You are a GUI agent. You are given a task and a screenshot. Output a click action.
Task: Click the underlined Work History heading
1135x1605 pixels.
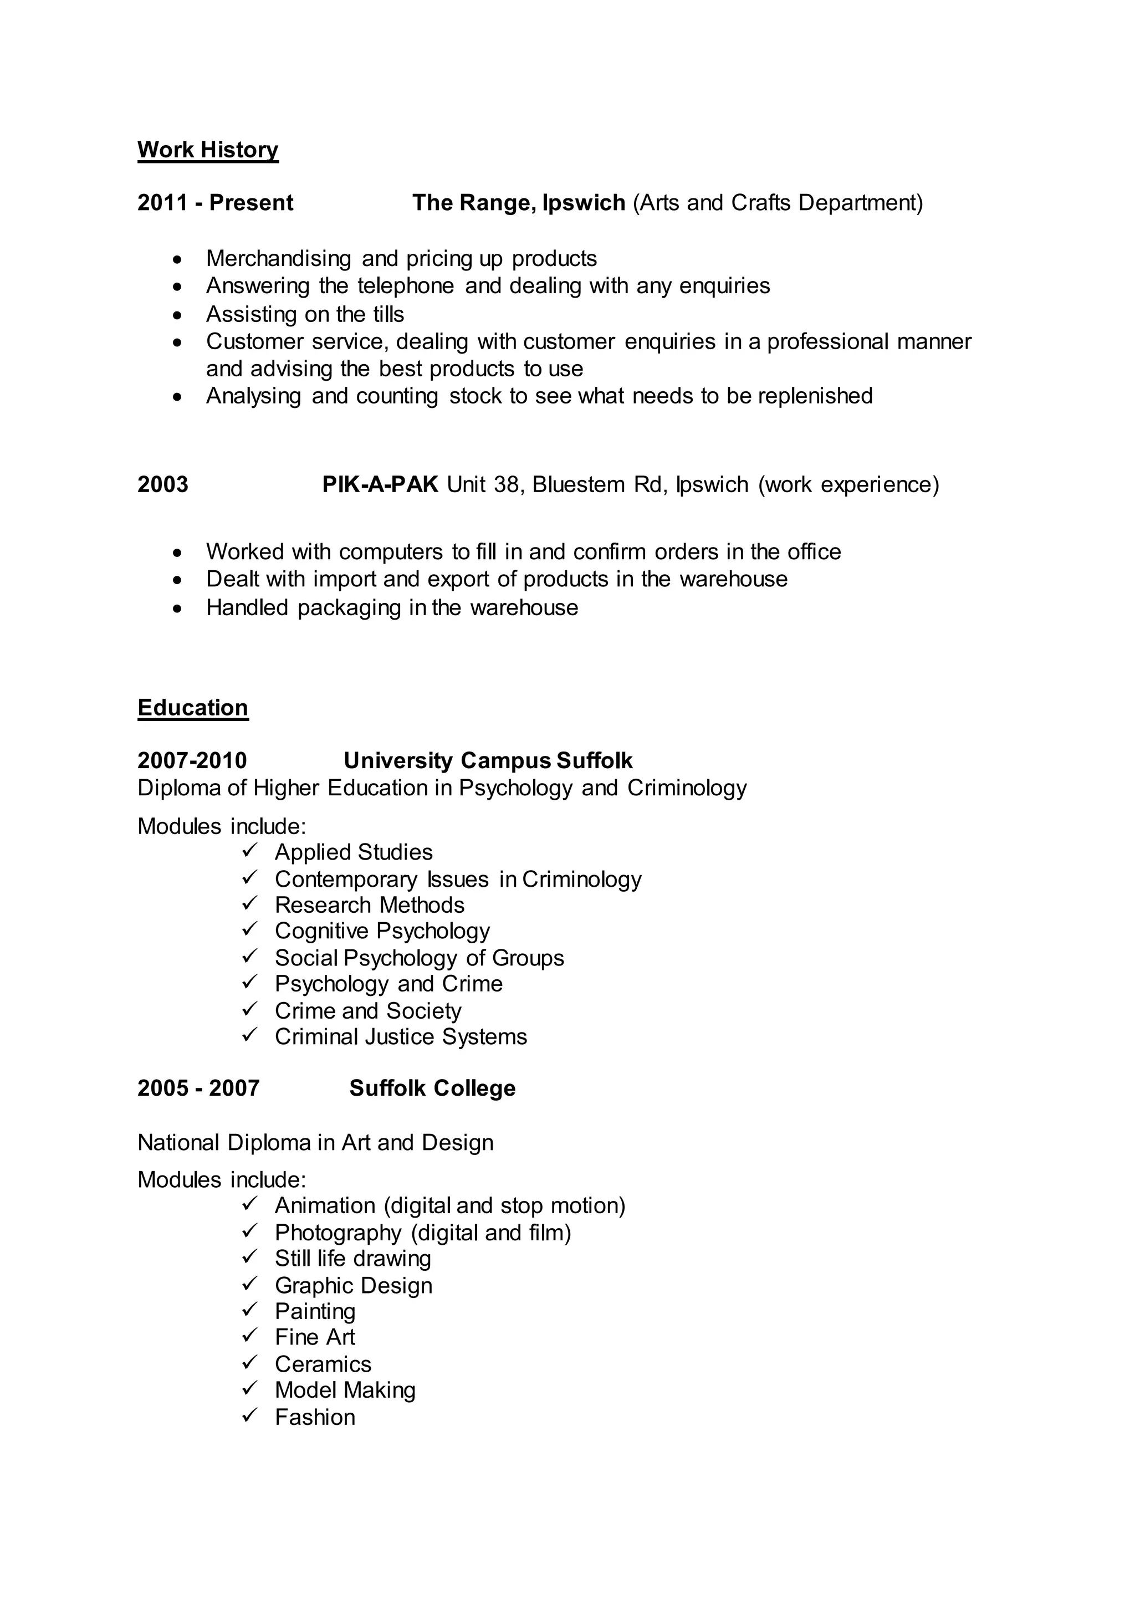point(208,150)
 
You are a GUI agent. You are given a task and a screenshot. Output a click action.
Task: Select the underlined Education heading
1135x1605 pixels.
point(193,707)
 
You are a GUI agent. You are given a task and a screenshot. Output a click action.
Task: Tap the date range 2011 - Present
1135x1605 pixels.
point(215,203)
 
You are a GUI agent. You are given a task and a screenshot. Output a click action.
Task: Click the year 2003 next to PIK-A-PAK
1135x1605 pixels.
point(163,484)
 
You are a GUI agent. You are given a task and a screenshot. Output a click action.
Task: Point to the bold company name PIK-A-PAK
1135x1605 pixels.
point(380,484)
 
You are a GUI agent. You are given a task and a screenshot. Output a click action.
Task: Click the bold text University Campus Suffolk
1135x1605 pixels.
point(488,760)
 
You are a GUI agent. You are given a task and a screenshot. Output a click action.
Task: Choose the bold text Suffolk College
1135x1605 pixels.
point(433,1088)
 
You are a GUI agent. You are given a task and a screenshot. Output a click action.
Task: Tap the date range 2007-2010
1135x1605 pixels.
point(192,760)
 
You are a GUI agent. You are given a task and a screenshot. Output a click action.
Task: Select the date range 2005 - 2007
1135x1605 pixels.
point(198,1088)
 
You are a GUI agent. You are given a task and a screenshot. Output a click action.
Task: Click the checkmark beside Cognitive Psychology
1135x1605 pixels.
point(250,930)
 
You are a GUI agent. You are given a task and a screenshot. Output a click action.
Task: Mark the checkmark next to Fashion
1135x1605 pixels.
point(250,1416)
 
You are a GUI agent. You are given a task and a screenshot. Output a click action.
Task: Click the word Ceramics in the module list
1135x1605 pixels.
point(323,1364)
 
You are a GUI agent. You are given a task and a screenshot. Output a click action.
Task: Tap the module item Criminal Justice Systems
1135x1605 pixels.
point(401,1037)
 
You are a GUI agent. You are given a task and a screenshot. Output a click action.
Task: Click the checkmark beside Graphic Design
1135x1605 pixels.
point(250,1284)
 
